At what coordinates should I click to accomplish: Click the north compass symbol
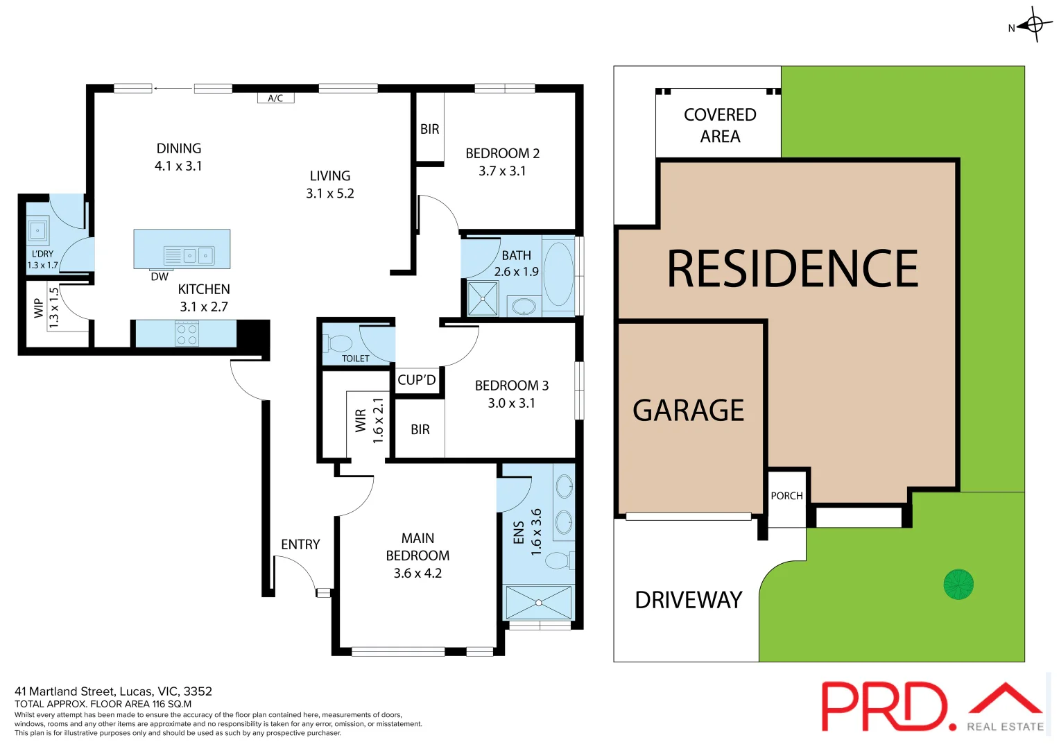coord(1034,25)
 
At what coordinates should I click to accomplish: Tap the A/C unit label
coord(275,98)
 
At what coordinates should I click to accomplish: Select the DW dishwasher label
coord(160,277)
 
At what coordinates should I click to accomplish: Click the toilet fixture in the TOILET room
coord(340,343)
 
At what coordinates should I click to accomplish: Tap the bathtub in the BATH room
coord(558,275)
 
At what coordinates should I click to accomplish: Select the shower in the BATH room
coord(483,298)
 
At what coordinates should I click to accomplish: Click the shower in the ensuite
coord(538,602)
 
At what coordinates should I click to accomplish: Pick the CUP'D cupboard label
coord(417,380)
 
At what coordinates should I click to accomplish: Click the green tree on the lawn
coord(958,584)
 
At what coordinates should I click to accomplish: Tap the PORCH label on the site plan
coord(786,496)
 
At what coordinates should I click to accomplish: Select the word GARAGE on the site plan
coord(688,411)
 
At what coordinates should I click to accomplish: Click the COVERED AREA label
coord(720,126)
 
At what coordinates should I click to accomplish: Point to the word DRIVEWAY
coord(688,600)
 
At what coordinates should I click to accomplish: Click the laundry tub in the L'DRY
coord(37,229)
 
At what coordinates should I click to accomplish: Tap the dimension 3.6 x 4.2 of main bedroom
coord(417,574)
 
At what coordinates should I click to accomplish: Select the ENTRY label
coord(300,545)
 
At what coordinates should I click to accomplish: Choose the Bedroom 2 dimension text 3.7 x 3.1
coord(502,171)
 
